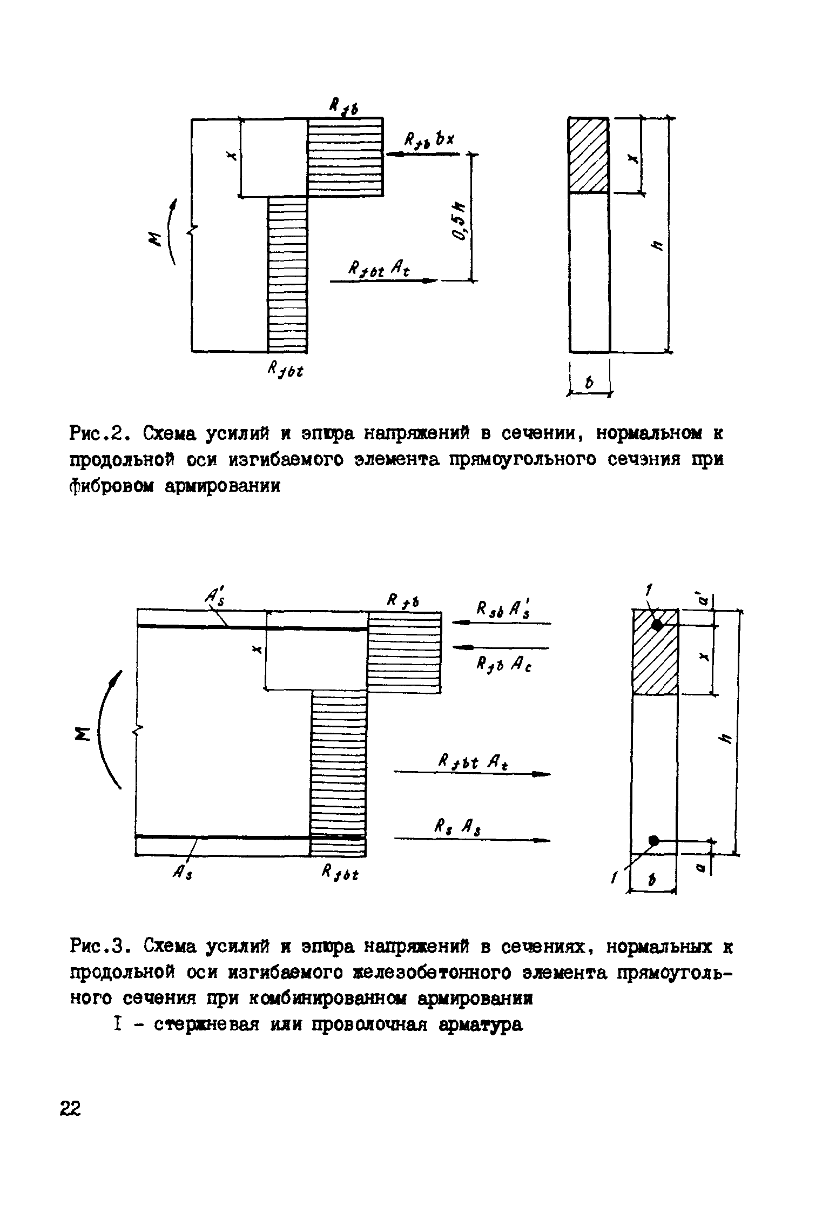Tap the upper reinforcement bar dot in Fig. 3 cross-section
coord(657,625)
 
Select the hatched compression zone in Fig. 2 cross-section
coord(588,155)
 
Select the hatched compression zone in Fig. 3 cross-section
coord(655,653)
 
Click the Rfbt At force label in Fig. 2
coord(380,269)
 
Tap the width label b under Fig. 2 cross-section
coord(589,383)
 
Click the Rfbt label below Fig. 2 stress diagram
coord(286,370)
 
